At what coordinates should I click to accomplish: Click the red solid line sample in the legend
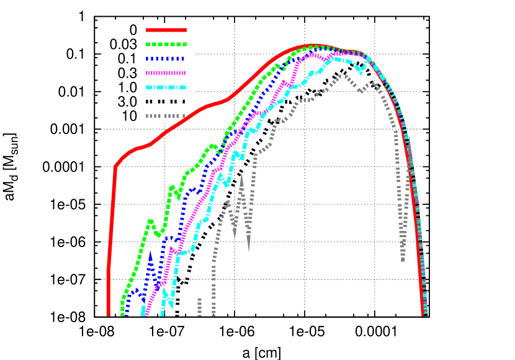(166, 30)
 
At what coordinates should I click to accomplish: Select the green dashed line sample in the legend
(166, 44)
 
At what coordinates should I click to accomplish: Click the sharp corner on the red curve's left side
(115, 167)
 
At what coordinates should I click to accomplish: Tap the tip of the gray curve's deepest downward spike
(249, 251)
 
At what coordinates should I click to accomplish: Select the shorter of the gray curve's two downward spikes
(235, 237)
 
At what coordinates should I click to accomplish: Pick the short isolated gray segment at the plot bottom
(199, 307)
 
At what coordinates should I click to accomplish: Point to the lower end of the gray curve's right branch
(403, 259)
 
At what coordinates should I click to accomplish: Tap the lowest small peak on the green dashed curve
(150, 220)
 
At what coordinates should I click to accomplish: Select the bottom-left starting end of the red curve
(108, 314)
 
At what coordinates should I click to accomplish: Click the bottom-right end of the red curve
(423, 314)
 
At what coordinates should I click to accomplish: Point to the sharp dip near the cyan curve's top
(359, 72)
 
